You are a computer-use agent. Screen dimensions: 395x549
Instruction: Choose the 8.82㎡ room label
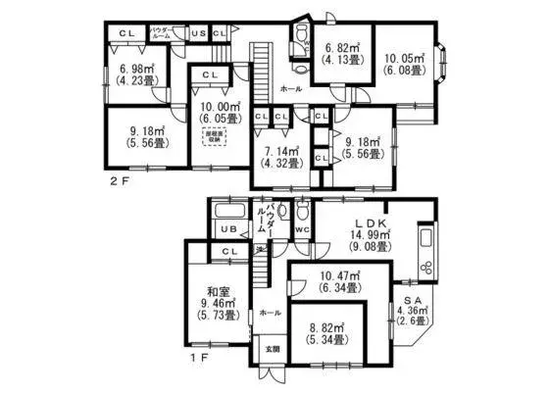326,332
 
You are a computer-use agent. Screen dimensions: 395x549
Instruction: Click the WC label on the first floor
303,230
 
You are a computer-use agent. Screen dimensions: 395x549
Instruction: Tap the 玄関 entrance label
270,349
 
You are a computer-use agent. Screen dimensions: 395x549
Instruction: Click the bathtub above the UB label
226,214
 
